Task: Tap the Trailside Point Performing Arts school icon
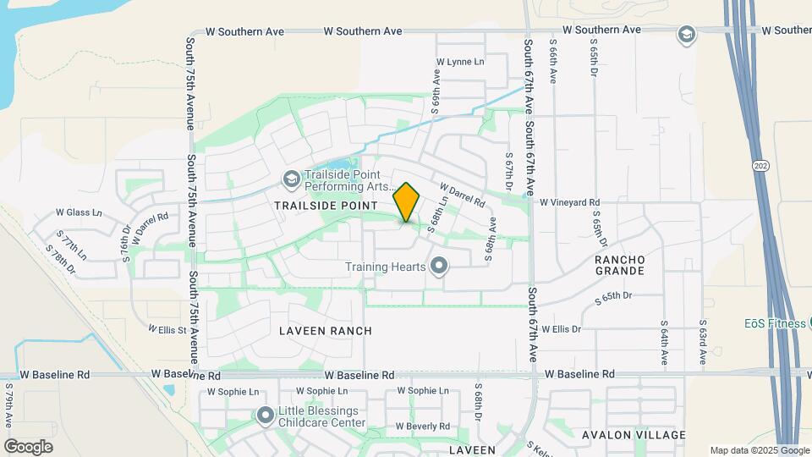point(291,179)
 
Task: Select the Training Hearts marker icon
point(438,267)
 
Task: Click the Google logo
point(28,446)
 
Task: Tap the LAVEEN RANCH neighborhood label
point(326,330)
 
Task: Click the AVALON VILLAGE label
point(634,435)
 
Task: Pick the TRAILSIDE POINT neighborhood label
point(325,206)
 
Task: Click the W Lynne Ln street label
point(460,62)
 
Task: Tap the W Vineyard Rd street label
point(570,203)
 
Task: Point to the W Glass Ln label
point(78,212)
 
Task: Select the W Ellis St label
point(167,328)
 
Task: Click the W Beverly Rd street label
point(420,426)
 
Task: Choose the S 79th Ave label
point(8,407)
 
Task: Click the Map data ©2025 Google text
point(759,450)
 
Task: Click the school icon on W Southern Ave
point(686,34)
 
